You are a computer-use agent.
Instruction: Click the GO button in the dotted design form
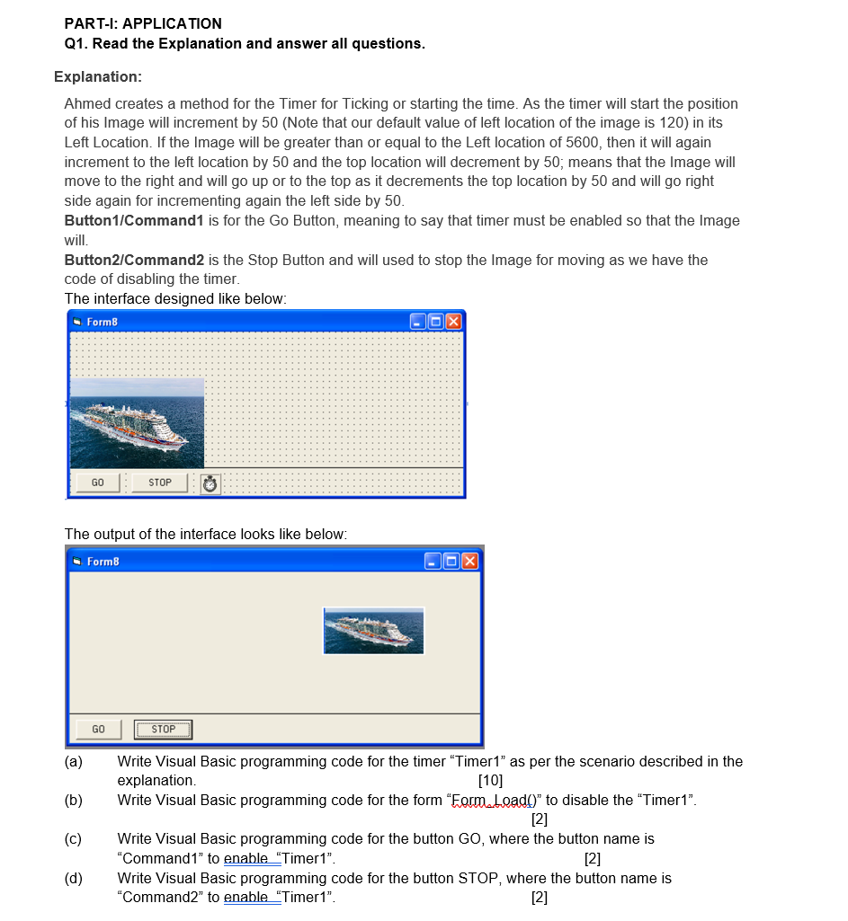[x=97, y=483]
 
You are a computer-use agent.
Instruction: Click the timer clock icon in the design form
[x=210, y=484]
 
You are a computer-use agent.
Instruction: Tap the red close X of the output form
[x=471, y=562]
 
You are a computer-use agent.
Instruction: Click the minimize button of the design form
[x=417, y=322]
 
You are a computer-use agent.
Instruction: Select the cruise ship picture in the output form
[x=373, y=631]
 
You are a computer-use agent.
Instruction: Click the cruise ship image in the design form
[x=137, y=422]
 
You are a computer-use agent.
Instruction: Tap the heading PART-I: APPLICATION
[x=143, y=23]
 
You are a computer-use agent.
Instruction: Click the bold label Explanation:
[x=98, y=77]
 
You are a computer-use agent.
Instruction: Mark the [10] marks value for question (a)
[x=491, y=780]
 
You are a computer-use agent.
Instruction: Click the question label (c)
[x=74, y=839]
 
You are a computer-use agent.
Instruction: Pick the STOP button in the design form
[x=160, y=483]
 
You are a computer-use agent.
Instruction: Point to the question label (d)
[x=74, y=878]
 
